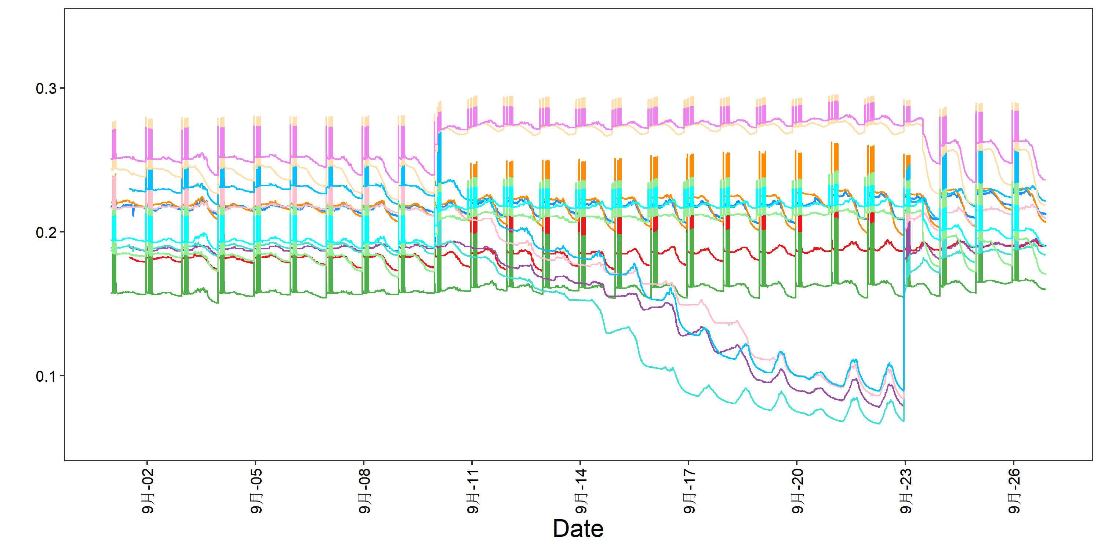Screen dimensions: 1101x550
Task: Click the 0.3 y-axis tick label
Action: point(46,89)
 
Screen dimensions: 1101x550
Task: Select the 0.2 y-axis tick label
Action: point(46,233)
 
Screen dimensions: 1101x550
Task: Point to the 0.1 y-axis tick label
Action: point(46,377)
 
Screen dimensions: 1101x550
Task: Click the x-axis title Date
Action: point(578,529)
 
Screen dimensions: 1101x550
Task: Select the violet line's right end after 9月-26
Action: point(1045,179)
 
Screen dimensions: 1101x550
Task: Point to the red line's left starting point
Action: point(130,257)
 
